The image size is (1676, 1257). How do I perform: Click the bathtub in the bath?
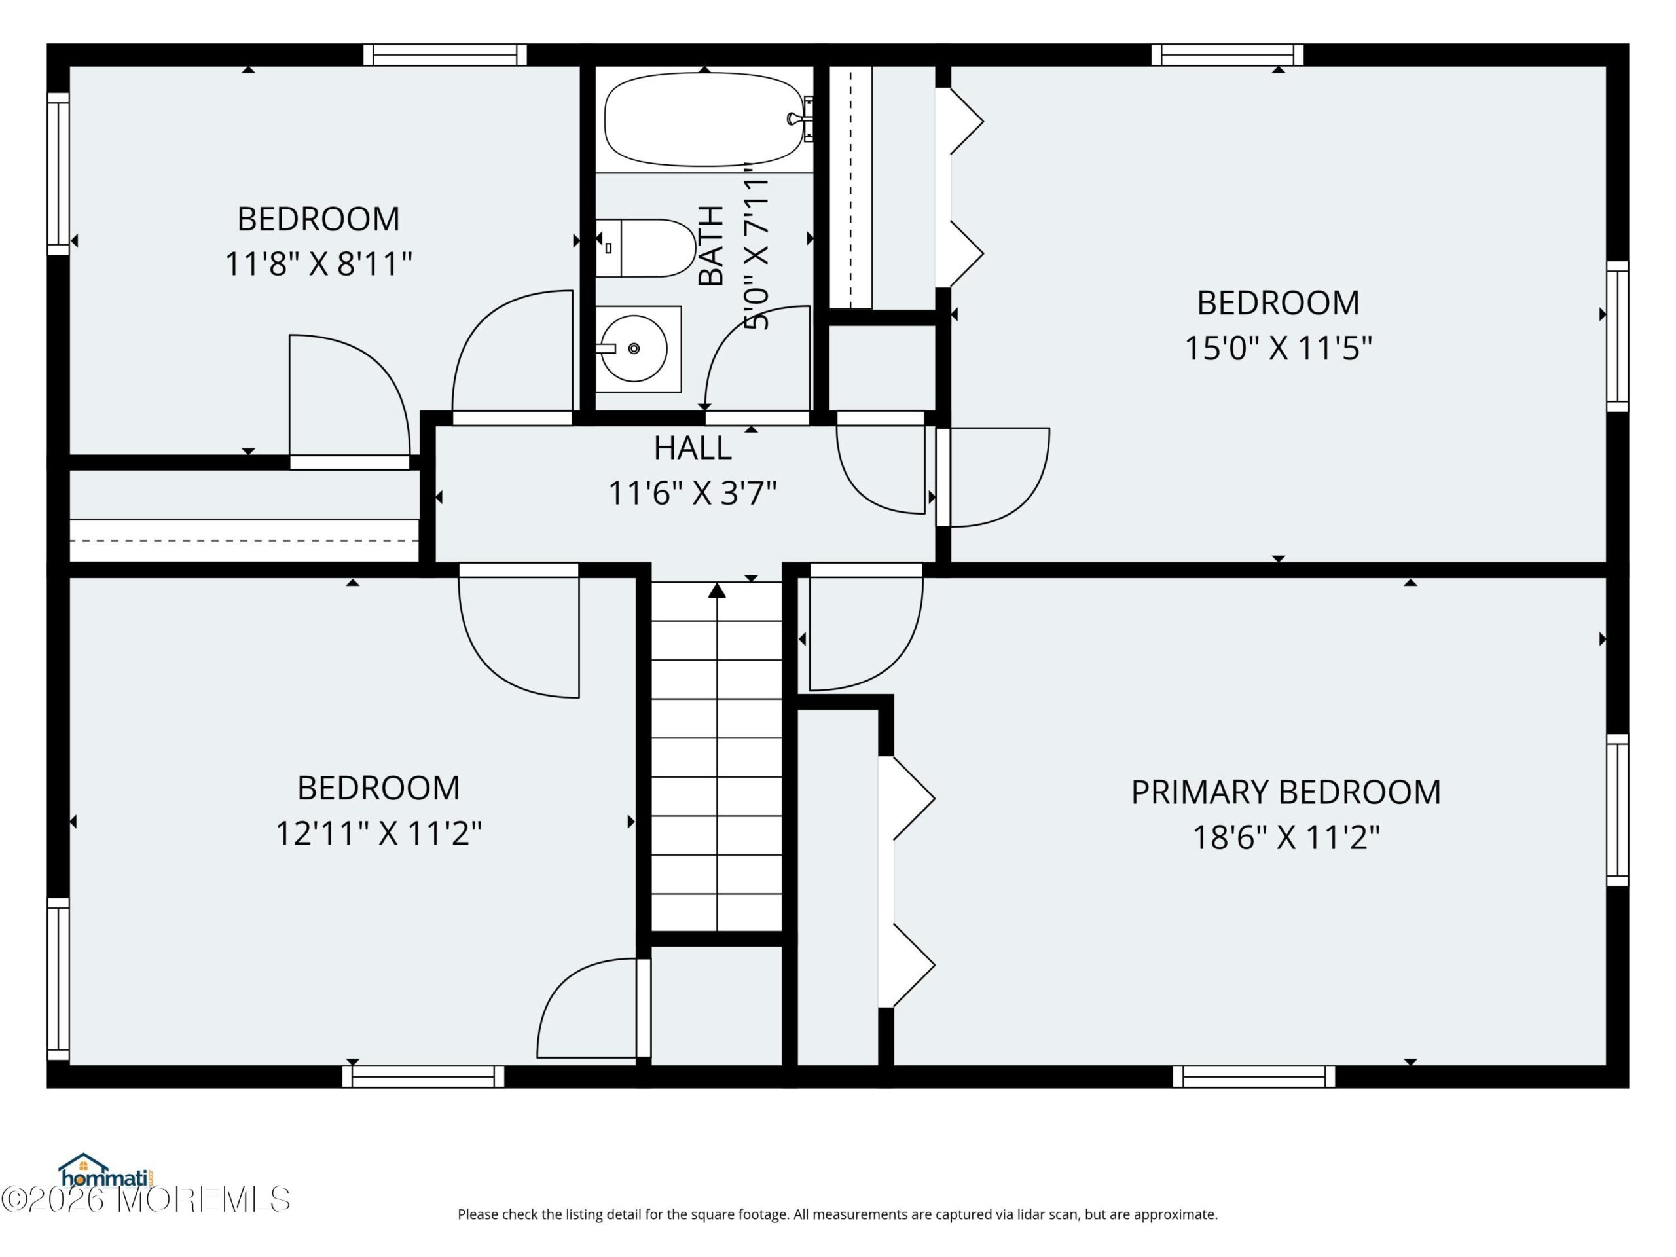704,120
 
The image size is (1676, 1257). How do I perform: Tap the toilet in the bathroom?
646,247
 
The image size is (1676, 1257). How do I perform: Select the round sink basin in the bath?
634,348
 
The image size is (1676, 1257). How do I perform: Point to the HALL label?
693,448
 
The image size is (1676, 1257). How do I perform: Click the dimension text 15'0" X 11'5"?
1278,348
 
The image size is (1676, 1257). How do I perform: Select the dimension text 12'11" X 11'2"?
378,834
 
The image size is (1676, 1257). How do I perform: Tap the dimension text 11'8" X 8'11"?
318,264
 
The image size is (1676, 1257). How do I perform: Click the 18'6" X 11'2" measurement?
1286,838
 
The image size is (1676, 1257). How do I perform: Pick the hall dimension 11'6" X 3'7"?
693,493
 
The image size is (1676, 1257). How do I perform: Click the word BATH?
711,245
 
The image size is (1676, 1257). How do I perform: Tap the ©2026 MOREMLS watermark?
145,1199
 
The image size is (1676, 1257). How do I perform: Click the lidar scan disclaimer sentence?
837,1214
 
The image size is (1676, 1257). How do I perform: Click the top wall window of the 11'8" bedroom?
445,54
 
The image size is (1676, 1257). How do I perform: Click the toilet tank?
608,247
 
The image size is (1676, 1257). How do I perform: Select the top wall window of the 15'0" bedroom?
1228,54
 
